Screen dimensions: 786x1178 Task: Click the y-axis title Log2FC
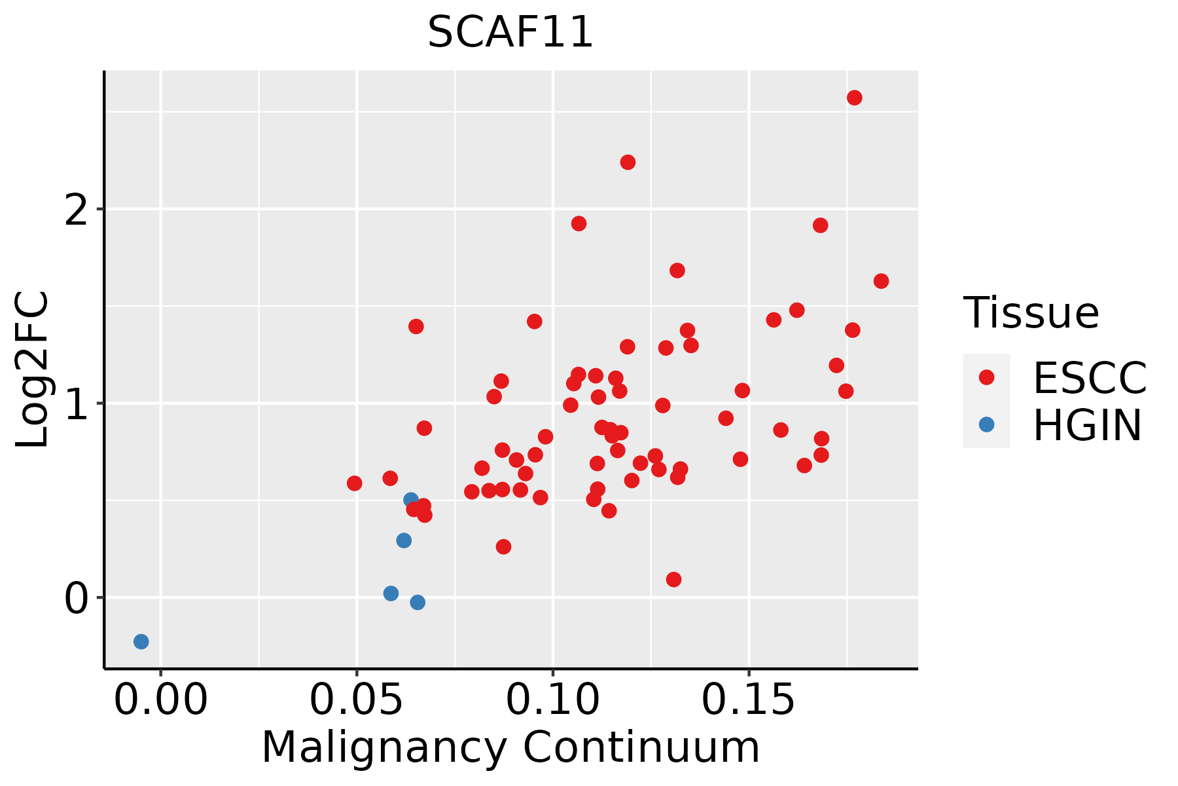coord(33,370)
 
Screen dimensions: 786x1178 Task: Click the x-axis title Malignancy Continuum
coord(510,747)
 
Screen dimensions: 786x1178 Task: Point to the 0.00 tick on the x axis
coord(160,700)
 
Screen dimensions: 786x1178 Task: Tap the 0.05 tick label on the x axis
coord(356,700)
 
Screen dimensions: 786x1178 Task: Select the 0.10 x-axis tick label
coord(553,700)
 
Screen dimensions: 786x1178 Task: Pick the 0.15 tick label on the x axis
coord(749,700)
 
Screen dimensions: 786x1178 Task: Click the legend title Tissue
coord(1031,313)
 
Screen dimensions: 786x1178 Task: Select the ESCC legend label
coord(1090,378)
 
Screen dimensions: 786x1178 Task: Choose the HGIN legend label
coord(1087,425)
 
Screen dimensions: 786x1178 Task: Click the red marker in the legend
coord(986,377)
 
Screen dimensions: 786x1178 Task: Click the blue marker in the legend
coord(986,424)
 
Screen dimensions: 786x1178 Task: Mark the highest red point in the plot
coord(854,98)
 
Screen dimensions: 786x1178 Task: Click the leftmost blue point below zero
coord(141,641)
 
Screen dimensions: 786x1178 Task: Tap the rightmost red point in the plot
coord(881,281)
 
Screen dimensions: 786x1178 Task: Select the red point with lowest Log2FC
coord(673,580)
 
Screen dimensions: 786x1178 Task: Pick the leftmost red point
coord(354,483)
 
